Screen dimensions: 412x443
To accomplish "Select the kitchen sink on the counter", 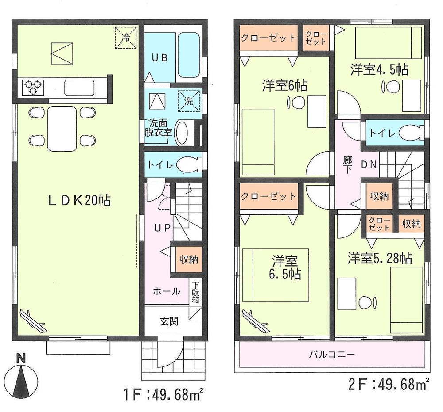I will point(79,88).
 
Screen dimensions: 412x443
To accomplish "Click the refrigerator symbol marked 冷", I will point(126,37).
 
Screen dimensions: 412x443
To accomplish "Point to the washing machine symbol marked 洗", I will point(188,100).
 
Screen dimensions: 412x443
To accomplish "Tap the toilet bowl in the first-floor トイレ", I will point(187,165).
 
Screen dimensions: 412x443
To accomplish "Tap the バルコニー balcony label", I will point(331,355).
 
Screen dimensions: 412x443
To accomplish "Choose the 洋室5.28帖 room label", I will point(380,258).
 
